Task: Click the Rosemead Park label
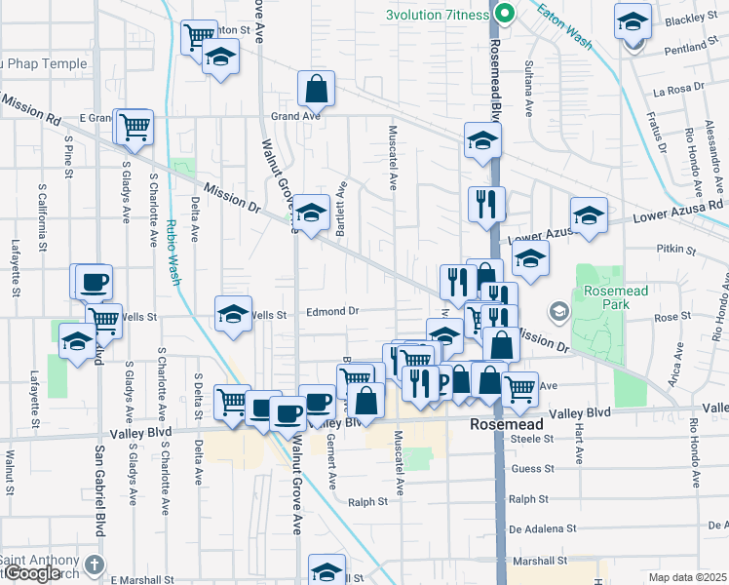(611, 298)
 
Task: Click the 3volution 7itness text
(438, 15)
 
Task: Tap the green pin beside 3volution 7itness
(504, 14)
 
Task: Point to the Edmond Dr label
(333, 312)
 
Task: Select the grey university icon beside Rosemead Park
(558, 312)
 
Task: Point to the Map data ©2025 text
(687, 577)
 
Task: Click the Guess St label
(532, 469)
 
